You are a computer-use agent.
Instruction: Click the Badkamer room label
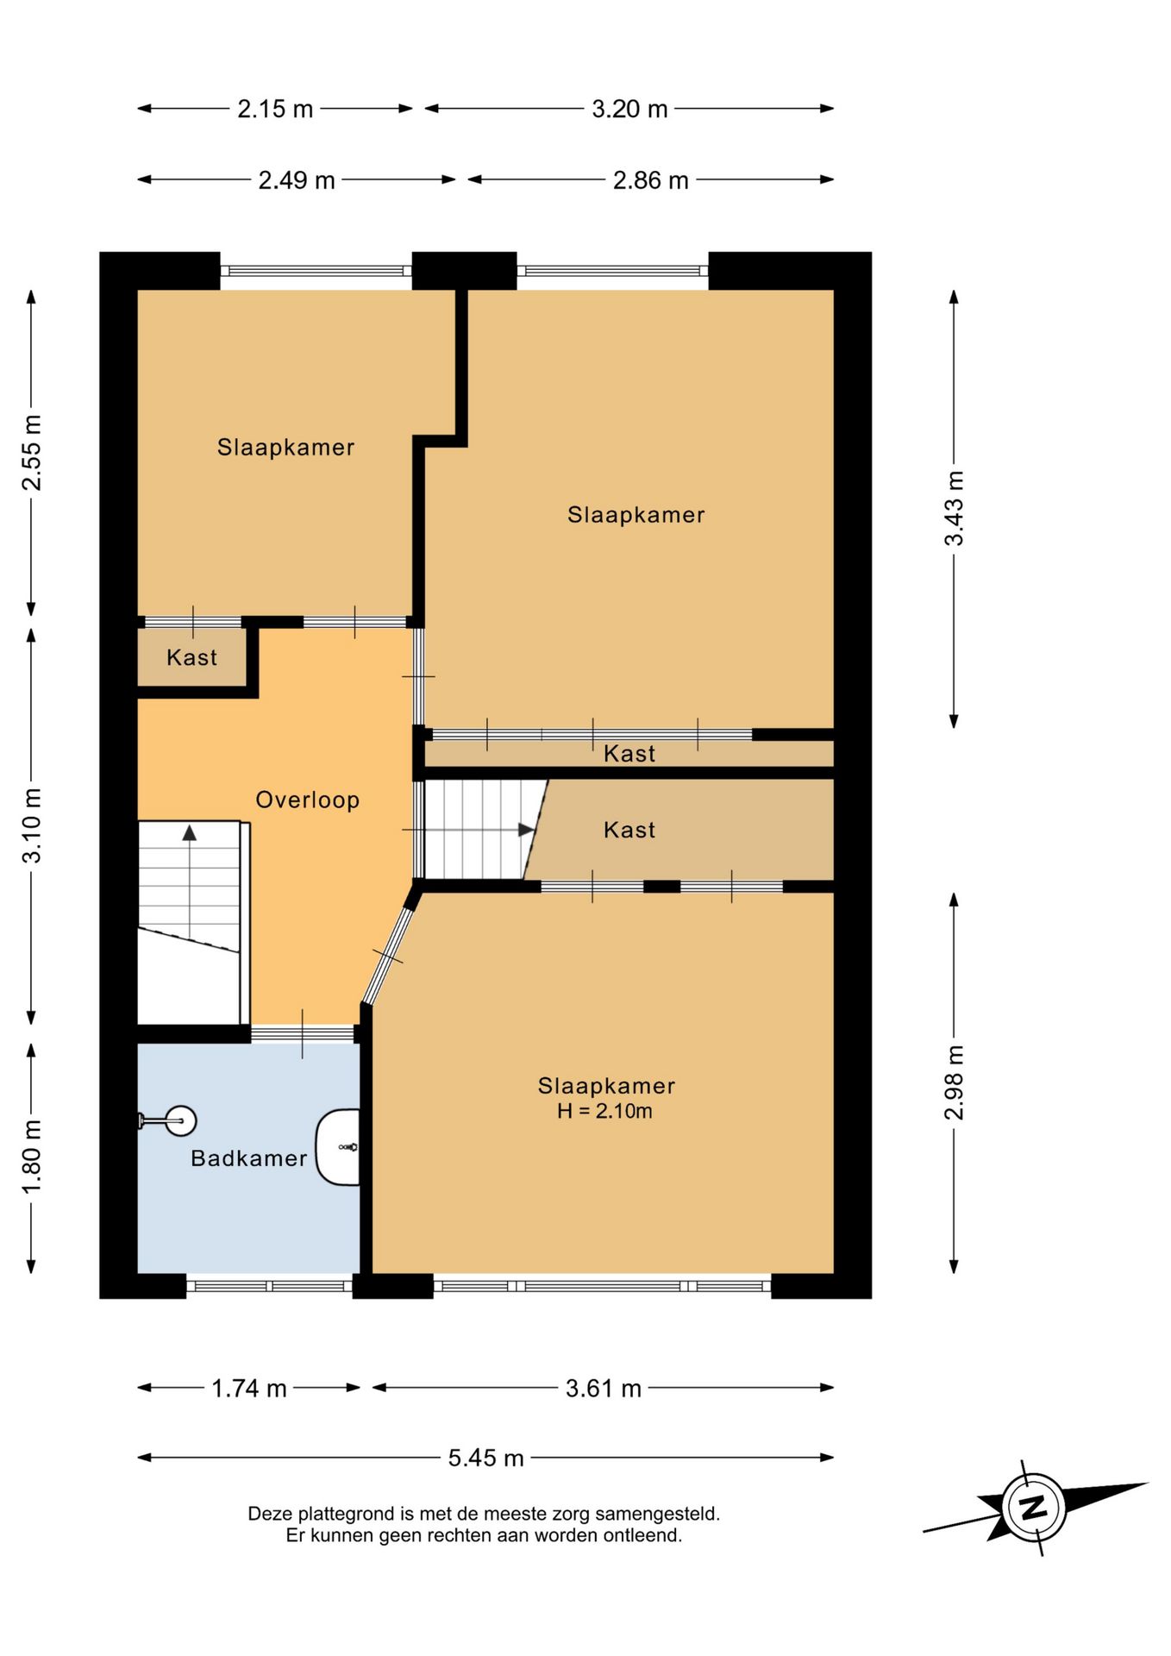249,1158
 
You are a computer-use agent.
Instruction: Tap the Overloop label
308,800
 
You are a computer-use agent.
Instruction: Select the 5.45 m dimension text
486,1458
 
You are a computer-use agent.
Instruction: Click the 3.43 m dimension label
954,509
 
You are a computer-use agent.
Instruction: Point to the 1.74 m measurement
249,1388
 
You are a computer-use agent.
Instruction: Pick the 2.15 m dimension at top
276,109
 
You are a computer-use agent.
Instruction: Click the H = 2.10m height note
605,1111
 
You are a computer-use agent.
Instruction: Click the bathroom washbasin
338,1147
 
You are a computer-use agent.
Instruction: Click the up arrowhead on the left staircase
189,832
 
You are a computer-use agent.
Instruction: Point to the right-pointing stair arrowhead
526,830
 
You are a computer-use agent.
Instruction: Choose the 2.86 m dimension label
651,180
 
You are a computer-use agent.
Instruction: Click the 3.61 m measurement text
604,1388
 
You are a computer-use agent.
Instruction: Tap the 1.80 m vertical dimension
32,1157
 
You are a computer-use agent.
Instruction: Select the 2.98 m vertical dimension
954,1082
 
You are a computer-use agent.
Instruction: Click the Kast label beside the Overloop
192,658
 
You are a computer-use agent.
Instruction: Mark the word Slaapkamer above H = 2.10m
606,1086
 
